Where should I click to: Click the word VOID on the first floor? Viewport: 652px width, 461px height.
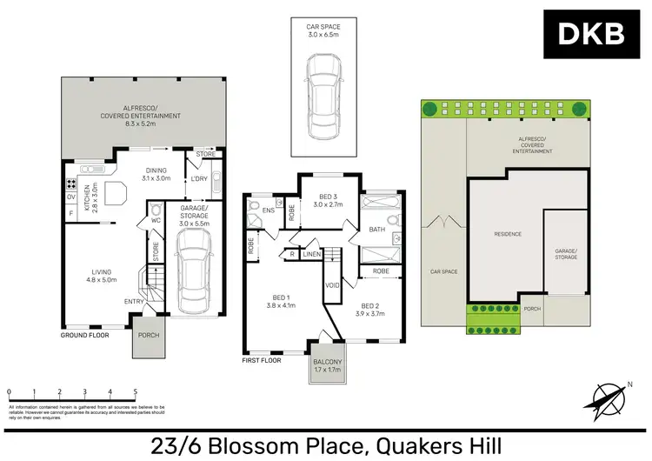[x=331, y=284]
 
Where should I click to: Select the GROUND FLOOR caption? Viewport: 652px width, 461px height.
[x=84, y=334]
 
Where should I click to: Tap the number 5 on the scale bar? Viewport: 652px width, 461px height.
[x=136, y=393]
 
